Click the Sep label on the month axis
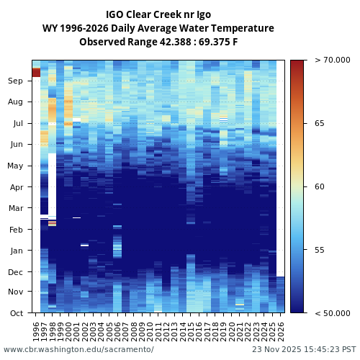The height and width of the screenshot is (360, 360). [x=16, y=81]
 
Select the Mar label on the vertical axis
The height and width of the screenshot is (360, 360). [x=16, y=208]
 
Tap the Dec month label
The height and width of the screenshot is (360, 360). [x=16, y=272]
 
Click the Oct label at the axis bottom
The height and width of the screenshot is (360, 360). [x=16, y=313]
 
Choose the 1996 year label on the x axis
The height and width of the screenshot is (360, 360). [x=36, y=330]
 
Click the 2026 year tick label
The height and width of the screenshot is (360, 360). [x=282, y=330]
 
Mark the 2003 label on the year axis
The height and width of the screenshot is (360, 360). [x=93, y=330]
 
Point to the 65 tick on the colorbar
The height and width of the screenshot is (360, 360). [x=319, y=123]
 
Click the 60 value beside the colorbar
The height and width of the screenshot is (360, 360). [x=319, y=186]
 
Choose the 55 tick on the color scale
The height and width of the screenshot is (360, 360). [x=319, y=250]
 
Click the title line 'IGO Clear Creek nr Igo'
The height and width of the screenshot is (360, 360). [x=158, y=14]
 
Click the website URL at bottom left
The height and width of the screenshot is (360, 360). [x=78, y=349]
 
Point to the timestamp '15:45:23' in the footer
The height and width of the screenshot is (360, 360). [x=320, y=349]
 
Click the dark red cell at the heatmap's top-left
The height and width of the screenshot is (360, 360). [x=36, y=72]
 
